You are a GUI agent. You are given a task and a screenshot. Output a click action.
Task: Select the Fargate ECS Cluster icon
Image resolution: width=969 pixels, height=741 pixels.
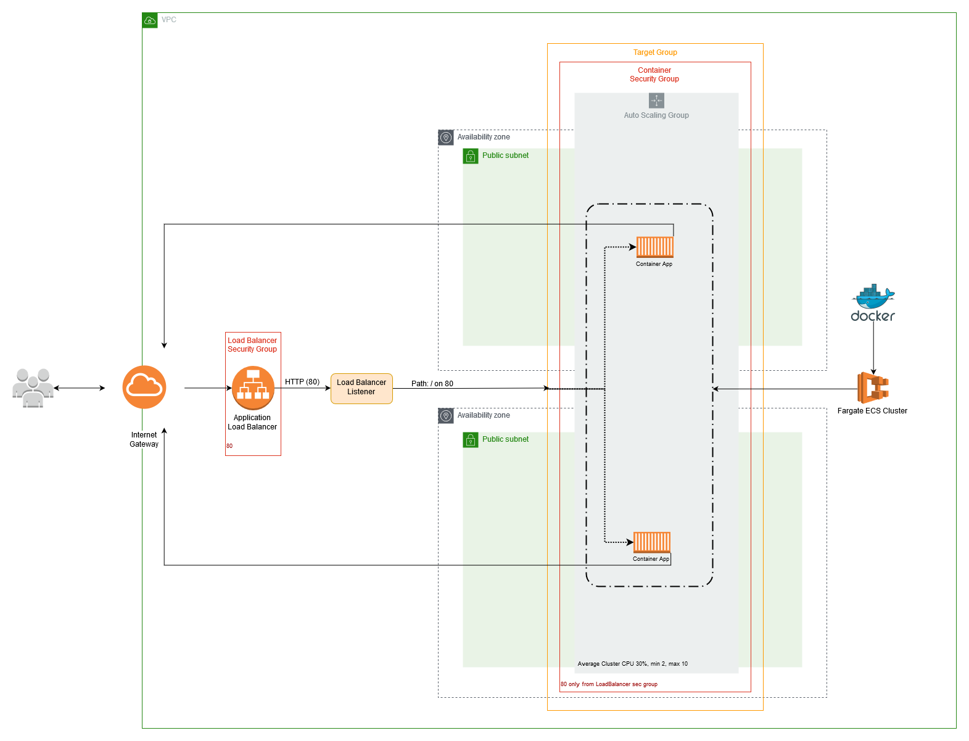873,387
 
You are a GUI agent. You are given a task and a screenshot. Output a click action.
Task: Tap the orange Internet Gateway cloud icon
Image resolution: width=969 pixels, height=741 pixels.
144,387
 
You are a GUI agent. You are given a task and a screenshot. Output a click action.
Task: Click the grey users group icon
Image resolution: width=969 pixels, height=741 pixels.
33,387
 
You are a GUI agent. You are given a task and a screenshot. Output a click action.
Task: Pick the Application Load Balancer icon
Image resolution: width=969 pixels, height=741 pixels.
253,387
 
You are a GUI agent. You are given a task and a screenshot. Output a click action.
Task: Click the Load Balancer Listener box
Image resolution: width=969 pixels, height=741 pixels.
361,389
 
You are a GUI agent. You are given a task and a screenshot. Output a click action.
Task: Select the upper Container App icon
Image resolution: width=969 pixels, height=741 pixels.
654,247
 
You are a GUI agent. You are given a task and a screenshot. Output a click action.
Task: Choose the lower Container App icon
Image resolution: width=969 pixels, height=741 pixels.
651,542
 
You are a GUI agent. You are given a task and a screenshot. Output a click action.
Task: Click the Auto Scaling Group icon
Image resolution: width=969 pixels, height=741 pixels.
656,100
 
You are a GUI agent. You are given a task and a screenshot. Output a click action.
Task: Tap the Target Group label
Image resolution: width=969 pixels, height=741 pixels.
655,52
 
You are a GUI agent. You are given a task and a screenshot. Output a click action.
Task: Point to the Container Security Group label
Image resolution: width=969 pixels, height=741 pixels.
654,75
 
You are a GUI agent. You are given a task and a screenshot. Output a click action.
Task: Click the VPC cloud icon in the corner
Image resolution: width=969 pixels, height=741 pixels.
150,20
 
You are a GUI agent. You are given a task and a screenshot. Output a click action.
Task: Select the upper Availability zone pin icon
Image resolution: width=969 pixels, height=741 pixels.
446,138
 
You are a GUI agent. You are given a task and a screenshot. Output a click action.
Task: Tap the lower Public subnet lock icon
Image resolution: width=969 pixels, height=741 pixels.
471,440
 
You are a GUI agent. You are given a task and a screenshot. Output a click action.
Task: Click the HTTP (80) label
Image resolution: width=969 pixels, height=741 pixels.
302,381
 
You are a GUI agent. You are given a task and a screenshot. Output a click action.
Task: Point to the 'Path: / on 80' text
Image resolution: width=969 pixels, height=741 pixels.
432,383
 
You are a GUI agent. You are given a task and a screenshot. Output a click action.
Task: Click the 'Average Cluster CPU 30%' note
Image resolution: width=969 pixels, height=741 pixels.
633,663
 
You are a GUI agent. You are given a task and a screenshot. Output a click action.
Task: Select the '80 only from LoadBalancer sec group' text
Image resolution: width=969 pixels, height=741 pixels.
609,684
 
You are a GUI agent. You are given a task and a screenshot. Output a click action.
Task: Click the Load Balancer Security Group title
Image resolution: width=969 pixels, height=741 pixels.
252,344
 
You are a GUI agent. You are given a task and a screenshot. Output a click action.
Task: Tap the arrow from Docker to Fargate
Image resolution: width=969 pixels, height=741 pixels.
873,348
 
